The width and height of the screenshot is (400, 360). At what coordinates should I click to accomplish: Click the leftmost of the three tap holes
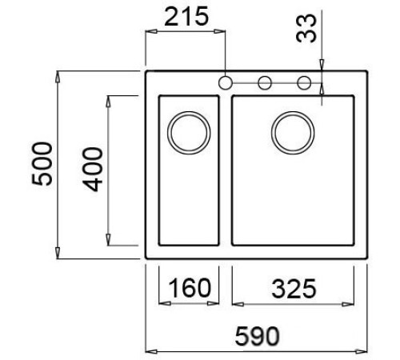226,82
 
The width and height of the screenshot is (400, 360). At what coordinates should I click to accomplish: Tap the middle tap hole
263,82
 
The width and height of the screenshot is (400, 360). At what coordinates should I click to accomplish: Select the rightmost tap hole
303,82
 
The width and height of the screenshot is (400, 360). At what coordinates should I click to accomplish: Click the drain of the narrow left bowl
190,130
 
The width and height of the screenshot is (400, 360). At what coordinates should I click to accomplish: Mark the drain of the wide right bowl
291,130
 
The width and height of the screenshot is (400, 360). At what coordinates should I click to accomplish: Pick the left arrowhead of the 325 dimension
237,304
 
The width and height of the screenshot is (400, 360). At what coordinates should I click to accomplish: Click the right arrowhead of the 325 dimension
350,304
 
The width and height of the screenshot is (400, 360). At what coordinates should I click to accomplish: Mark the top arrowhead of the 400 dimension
107,100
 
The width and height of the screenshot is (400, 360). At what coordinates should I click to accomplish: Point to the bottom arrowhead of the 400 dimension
107,240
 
